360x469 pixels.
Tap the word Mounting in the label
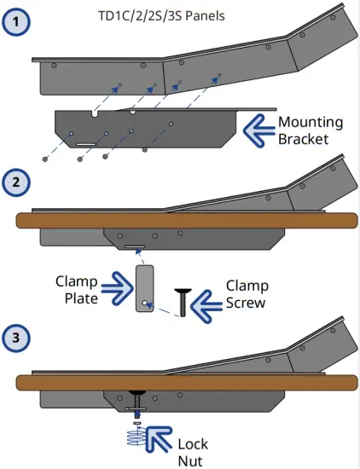coord(311,121)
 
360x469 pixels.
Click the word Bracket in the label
coord(303,138)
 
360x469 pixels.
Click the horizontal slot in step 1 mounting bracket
coord(85,144)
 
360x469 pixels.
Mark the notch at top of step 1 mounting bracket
coord(93,113)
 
